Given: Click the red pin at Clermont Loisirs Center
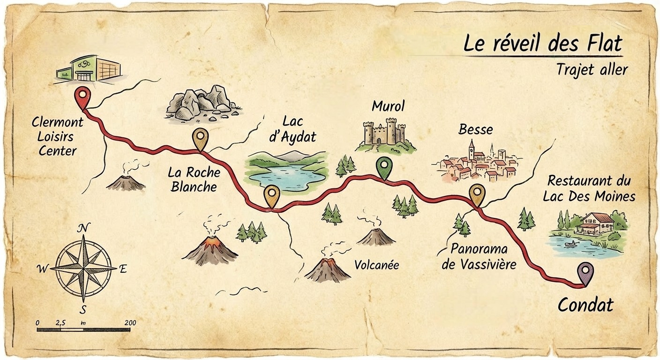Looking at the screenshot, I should pos(83,96).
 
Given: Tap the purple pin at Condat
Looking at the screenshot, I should pos(585,271).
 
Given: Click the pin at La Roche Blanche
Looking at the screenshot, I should pos(201,137).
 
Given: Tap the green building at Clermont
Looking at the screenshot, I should pos(89,69).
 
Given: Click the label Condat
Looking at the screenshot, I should pos(585,305).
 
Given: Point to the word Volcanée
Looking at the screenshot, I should pos(376,265).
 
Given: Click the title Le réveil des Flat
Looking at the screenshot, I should pos(543,44).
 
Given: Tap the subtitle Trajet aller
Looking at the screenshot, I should pos(592,69).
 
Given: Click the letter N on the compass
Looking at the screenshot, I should pos(83,228).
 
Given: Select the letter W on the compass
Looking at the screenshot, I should pos(43,269).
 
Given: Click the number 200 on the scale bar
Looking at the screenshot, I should pos(130,322).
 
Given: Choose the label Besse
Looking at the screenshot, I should pos(475,129).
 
